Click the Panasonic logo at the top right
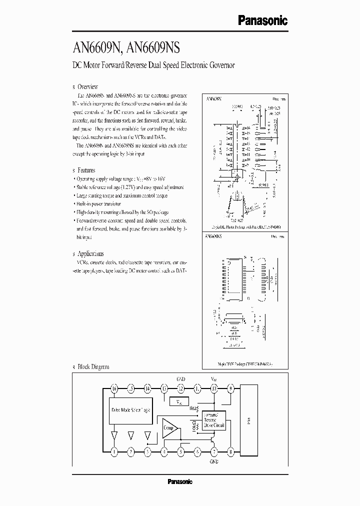coord(262,20)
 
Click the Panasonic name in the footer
coord(179,481)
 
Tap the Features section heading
coord(86,170)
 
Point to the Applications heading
coord(90,253)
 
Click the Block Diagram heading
coord(93,367)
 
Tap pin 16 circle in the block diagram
coord(114,388)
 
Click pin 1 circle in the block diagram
coord(114,451)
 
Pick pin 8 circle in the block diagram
coord(230,451)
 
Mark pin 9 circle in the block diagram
coord(230,388)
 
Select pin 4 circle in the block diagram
coord(164,451)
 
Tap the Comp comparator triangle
coord(169,428)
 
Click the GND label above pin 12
coord(181,379)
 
